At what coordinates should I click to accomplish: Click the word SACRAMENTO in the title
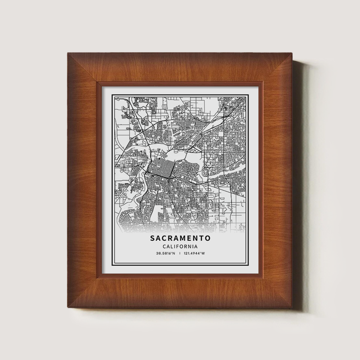(180, 239)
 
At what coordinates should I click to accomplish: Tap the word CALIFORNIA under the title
(180, 247)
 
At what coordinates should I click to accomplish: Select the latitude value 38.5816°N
(166, 253)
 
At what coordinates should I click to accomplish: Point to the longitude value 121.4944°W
(195, 253)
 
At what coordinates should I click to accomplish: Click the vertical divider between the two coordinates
(180, 253)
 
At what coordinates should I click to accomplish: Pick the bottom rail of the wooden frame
(180, 292)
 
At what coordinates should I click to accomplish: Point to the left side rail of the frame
(82, 180)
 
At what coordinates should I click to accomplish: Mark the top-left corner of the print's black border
(112, 94)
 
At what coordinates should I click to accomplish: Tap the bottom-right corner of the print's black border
(248, 266)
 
